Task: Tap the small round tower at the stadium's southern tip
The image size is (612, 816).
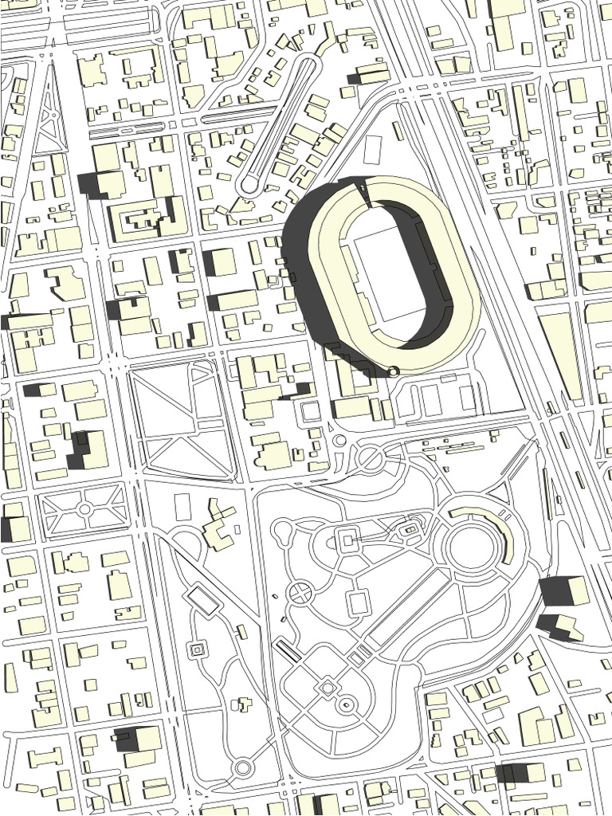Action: tap(393, 371)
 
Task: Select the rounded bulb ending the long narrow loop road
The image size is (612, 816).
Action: tap(249, 186)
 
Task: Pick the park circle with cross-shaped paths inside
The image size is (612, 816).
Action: tap(300, 592)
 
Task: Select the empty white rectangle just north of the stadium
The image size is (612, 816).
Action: tap(372, 150)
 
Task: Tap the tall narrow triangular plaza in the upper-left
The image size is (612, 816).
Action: tap(50, 112)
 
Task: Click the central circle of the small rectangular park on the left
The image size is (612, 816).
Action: tap(84, 508)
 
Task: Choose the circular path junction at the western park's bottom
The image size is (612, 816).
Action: tap(243, 768)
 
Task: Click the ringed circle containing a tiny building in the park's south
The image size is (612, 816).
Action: tap(346, 704)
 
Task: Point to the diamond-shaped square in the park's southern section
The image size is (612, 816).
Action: tap(327, 686)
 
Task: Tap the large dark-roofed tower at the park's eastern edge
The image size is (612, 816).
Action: tap(563, 590)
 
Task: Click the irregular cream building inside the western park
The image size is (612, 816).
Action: tap(218, 527)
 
